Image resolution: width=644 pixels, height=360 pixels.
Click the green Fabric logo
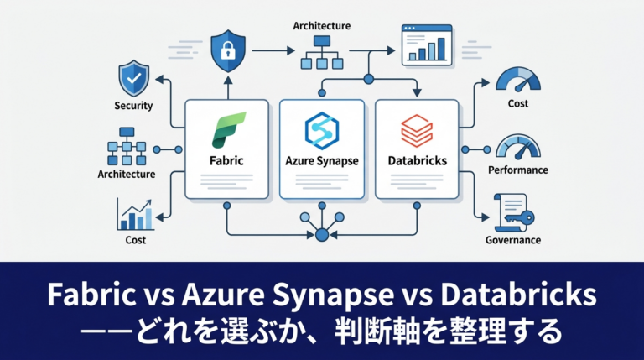(x=228, y=130)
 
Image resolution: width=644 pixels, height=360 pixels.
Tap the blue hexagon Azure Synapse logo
(x=322, y=130)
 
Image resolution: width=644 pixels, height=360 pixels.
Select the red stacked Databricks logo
(x=417, y=131)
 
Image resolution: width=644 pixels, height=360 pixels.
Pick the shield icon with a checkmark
(x=134, y=78)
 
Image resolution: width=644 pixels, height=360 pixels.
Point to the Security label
(x=133, y=106)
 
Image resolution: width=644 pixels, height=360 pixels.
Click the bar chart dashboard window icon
(x=427, y=45)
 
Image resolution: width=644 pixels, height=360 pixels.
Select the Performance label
(x=518, y=170)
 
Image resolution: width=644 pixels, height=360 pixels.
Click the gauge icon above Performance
(x=518, y=147)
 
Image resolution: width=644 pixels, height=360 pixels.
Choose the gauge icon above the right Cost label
(x=518, y=80)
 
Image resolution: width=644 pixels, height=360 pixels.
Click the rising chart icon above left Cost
(x=135, y=214)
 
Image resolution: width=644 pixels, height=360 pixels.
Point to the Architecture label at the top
(x=322, y=26)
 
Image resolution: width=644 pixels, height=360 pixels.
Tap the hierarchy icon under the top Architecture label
(x=322, y=52)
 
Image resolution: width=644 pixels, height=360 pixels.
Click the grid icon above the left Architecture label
(x=127, y=146)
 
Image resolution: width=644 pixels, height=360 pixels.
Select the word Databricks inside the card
(x=418, y=160)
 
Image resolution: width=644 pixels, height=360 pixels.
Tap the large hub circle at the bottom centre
(x=322, y=235)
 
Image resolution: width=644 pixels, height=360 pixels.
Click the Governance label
(x=513, y=240)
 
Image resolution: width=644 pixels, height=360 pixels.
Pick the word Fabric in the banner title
(x=91, y=295)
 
